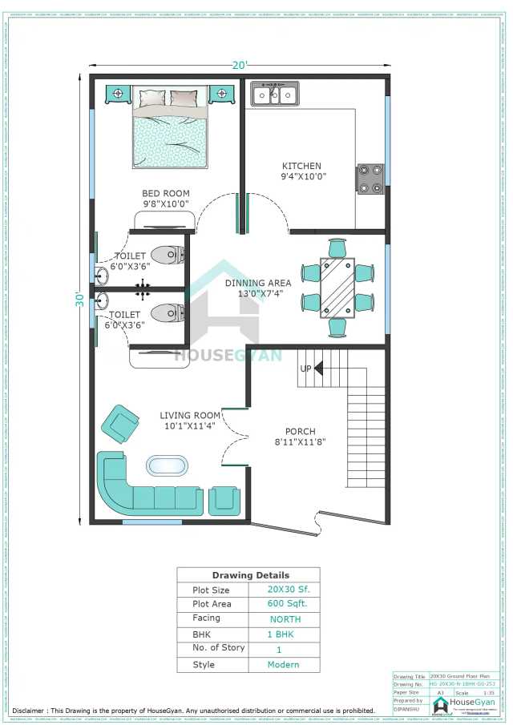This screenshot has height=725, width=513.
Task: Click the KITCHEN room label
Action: [x=301, y=167]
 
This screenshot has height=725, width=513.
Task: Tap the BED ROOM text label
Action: [x=166, y=194]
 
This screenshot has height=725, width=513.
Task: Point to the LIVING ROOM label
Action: [x=190, y=415]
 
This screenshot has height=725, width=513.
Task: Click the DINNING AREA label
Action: [x=258, y=283]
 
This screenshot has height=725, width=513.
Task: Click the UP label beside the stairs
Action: [x=306, y=369]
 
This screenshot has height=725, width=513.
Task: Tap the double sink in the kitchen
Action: [x=275, y=95]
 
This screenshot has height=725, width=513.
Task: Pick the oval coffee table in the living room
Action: [x=167, y=465]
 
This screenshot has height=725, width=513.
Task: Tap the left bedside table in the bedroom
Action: [x=117, y=95]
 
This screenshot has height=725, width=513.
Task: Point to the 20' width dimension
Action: [x=240, y=65]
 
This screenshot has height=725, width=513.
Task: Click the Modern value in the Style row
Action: [x=284, y=665]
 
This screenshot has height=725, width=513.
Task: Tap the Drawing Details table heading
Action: [x=251, y=575]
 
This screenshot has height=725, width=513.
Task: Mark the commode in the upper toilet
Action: [x=168, y=256]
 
